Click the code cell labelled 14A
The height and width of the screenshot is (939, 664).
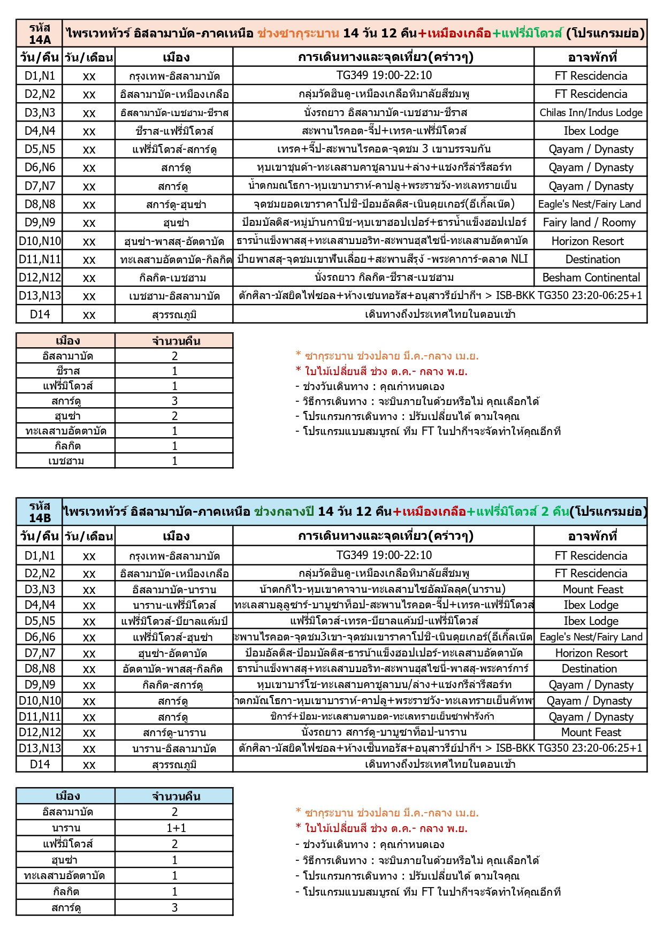point(40,34)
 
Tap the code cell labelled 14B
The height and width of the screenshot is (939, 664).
point(40,512)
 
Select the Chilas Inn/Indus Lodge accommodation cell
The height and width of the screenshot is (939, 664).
point(591,112)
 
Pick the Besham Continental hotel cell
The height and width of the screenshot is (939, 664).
point(591,277)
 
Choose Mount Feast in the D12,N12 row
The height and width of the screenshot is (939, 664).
point(591,732)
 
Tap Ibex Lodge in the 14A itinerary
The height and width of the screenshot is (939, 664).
point(591,131)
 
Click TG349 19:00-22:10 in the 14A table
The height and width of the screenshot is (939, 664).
point(384,75)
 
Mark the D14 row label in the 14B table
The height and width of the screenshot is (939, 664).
point(40,764)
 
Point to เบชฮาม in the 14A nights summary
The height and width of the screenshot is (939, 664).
point(66,461)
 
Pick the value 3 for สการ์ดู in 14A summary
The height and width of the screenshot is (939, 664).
point(174,401)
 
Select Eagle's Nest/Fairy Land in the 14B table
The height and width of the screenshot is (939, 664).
point(590,637)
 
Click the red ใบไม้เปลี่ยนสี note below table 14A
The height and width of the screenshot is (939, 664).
point(381,371)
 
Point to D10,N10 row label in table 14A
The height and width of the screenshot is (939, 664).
point(40,241)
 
